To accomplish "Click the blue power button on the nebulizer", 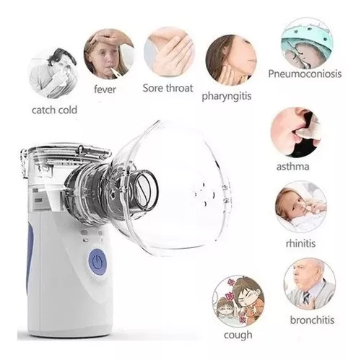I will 97,260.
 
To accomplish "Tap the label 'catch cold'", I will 54,110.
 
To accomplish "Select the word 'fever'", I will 105,90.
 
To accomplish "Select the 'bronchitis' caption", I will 309,318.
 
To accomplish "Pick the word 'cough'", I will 237,335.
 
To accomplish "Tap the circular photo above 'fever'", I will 108,54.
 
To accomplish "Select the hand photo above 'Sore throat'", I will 168,52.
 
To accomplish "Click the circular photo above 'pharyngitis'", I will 229,59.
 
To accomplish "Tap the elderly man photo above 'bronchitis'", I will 309,284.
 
